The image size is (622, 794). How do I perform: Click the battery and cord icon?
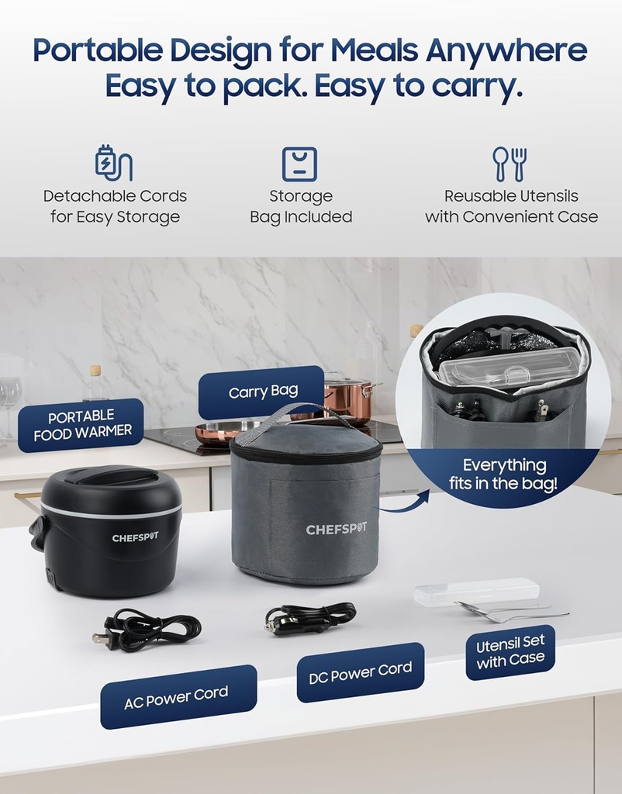(x=113, y=163)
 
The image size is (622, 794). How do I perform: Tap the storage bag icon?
(x=299, y=164)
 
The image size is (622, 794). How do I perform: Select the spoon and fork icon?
(x=510, y=164)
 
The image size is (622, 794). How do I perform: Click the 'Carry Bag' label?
(x=262, y=392)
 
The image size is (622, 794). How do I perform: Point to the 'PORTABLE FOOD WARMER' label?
(x=81, y=424)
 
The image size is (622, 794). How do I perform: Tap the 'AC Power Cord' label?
(x=178, y=697)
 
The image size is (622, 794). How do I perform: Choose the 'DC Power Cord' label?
(x=360, y=672)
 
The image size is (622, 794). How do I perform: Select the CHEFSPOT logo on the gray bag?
(x=336, y=529)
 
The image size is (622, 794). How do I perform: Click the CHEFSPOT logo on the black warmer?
(x=135, y=537)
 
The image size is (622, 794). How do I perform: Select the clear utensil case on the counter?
(x=476, y=592)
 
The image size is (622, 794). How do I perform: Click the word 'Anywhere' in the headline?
(x=506, y=50)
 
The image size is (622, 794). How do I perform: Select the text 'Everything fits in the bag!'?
(x=503, y=474)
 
